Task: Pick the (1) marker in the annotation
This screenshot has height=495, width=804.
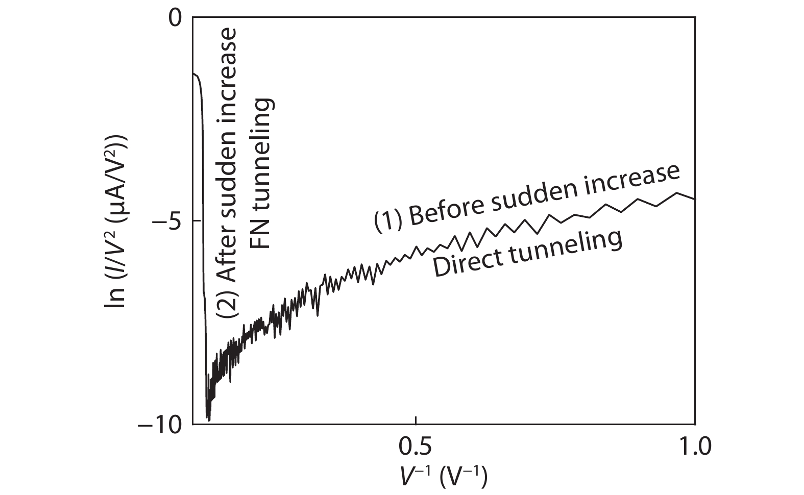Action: click(386, 221)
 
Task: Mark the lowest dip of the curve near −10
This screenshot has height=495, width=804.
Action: click(208, 419)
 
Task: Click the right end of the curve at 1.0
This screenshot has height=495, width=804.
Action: click(695, 199)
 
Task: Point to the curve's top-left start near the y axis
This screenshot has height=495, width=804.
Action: click(194, 75)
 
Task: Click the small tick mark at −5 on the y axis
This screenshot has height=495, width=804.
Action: click(197, 220)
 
